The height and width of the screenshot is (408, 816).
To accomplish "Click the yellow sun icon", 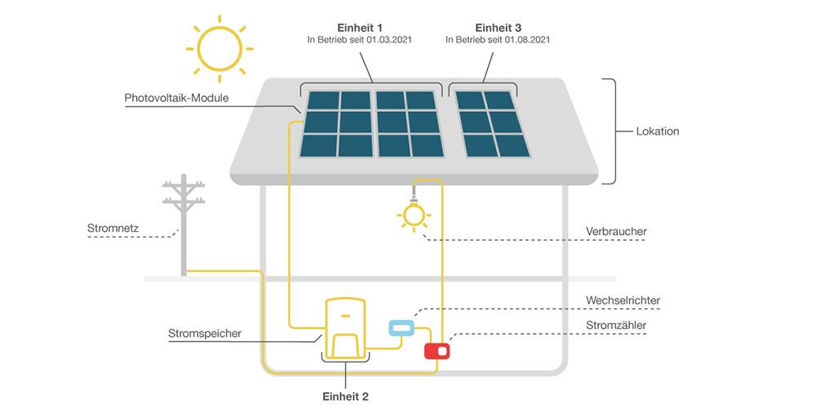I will pyautogui.click(x=219, y=48).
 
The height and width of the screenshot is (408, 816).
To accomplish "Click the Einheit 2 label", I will pyautogui.click(x=344, y=397).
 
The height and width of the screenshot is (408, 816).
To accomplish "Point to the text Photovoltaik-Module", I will pyautogui.click(x=176, y=99).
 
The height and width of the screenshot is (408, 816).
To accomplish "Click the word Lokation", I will pyautogui.click(x=657, y=131).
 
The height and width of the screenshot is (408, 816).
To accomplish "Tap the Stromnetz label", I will pyautogui.click(x=112, y=228).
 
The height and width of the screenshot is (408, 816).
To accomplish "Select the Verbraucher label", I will pyautogui.click(x=616, y=232).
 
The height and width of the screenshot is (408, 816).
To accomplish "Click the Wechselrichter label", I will pyautogui.click(x=623, y=301).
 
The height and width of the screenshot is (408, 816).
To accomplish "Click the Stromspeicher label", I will pyautogui.click(x=204, y=333).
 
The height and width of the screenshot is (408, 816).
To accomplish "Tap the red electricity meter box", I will pyautogui.click(x=437, y=351).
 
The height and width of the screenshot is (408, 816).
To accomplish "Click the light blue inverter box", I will pyautogui.click(x=400, y=328).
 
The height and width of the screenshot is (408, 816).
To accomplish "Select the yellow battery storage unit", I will pyautogui.click(x=344, y=326).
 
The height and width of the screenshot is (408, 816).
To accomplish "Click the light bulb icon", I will pyautogui.click(x=414, y=214).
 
